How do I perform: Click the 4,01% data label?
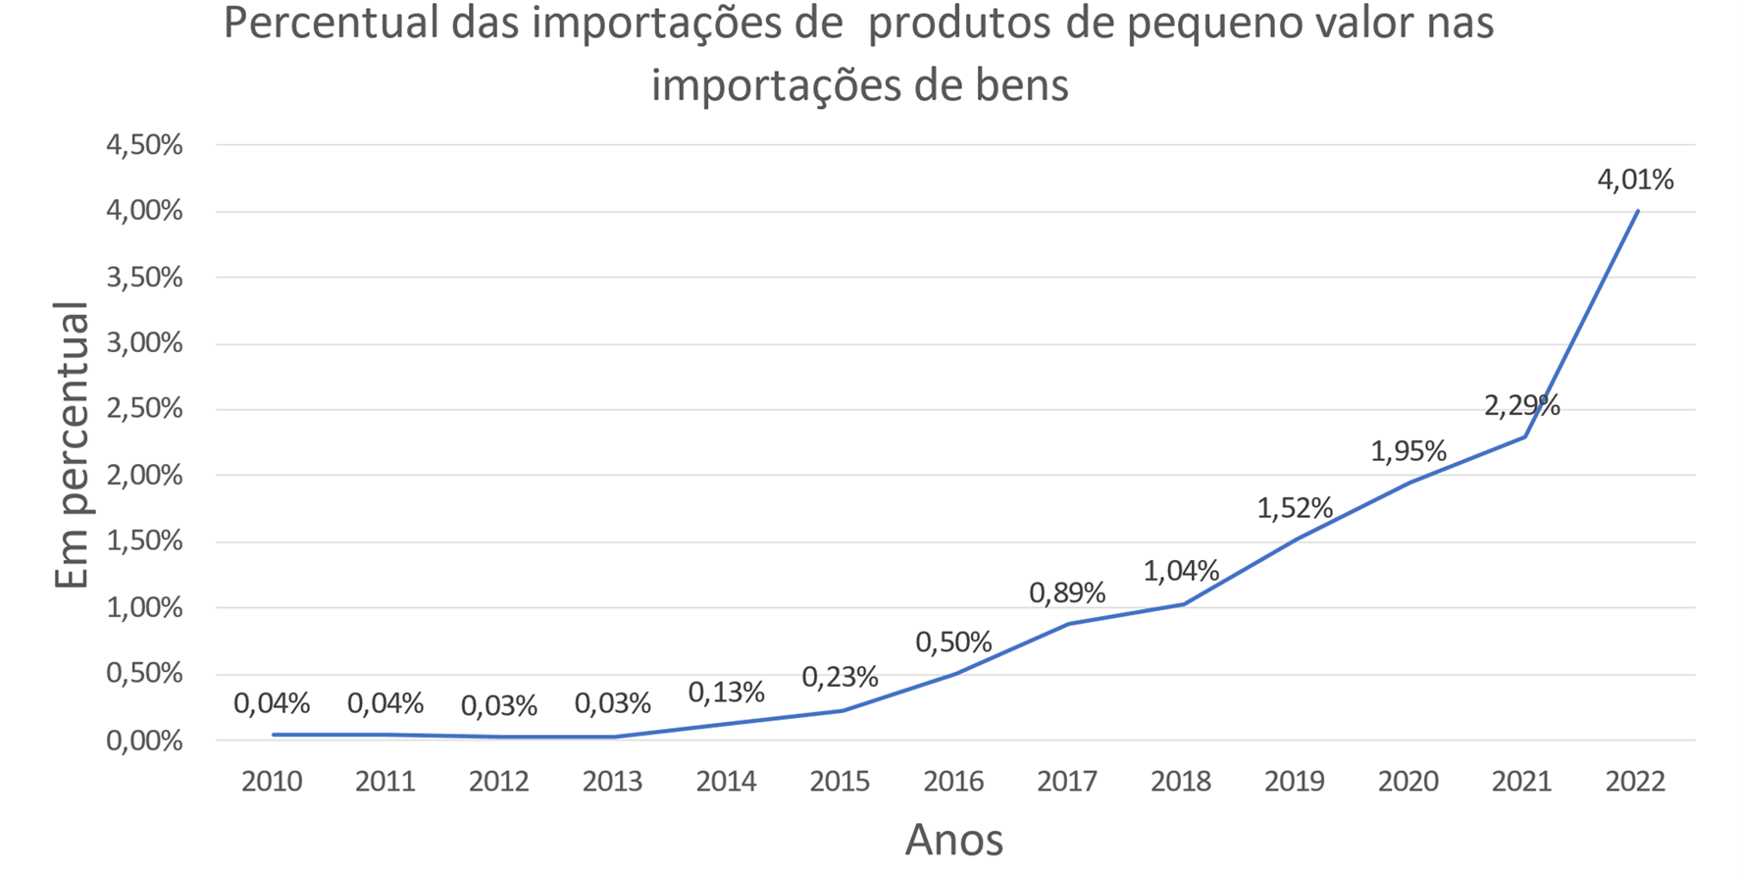pyautogui.click(x=1635, y=180)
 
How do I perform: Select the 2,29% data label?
pyautogui.click(x=1521, y=406)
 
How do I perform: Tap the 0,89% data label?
pyautogui.click(x=1067, y=592)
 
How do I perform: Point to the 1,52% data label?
pyautogui.click(x=1295, y=508)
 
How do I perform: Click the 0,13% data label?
pyautogui.click(x=726, y=693)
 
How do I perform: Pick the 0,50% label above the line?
pyautogui.click(x=953, y=642)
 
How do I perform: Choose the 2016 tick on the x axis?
pyautogui.click(x=953, y=782)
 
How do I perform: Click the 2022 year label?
pyautogui.click(x=1635, y=782)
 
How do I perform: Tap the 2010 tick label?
pyautogui.click(x=272, y=782)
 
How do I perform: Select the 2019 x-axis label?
pyautogui.click(x=1295, y=782)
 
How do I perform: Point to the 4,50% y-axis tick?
pyautogui.click(x=144, y=145)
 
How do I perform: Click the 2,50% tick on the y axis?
pyautogui.click(x=144, y=409)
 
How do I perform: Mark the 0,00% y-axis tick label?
pyautogui.click(x=144, y=741)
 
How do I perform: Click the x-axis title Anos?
pyautogui.click(x=953, y=840)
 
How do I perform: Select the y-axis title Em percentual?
pyautogui.click(x=72, y=446)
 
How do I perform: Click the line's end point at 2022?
pyautogui.click(x=1637, y=211)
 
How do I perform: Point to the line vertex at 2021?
pyautogui.click(x=1524, y=436)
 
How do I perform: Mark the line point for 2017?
pyautogui.click(x=1068, y=623)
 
